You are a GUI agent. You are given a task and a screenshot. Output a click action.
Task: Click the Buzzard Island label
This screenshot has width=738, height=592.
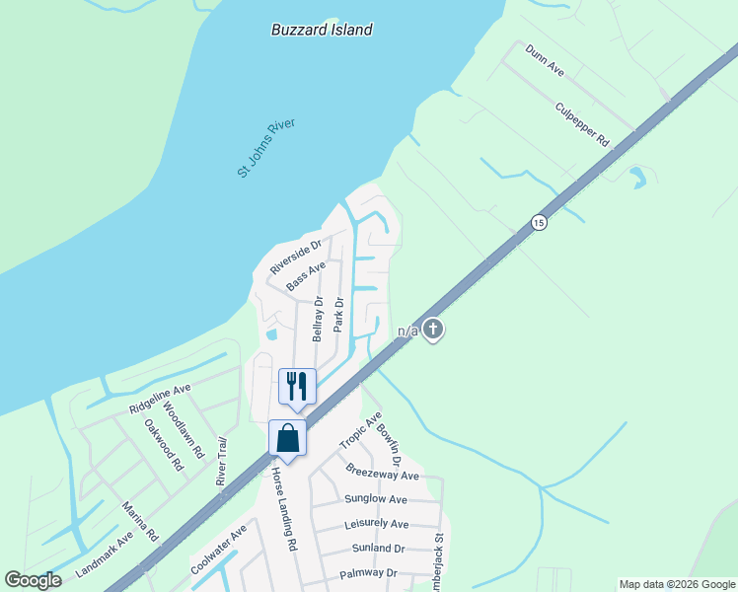pyautogui.click(x=322, y=30)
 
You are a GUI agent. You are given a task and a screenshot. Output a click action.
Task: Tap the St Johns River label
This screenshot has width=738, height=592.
pyautogui.click(x=266, y=148)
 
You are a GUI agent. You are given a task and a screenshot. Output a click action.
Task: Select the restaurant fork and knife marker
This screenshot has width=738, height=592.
pyautogui.click(x=298, y=386)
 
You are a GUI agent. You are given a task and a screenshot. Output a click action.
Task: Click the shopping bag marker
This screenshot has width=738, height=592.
pyautogui.click(x=287, y=438)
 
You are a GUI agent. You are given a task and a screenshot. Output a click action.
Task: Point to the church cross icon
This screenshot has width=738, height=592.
pyautogui.click(x=432, y=329)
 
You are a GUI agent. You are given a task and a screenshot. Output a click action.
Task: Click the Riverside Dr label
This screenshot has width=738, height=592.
pyautogui.click(x=296, y=257)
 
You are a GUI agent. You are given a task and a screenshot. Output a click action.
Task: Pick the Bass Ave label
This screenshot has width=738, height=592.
pyautogui.click(x=306, y=276)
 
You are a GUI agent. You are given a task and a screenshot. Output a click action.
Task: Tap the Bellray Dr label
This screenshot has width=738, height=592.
pyautogui.click(x=318, y=320)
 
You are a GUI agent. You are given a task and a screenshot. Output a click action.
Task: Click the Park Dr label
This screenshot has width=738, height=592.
pyautogui.click(x=337, y=315)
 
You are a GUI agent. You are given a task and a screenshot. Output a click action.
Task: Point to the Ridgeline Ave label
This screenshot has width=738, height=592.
pyautogui.click(x=159, y=400)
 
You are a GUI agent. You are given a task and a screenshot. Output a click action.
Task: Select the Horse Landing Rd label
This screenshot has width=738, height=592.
pyautogui.click(x=284, y=509)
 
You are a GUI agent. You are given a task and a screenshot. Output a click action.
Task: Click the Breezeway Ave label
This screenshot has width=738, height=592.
pyautogui.click(x=383, y=471)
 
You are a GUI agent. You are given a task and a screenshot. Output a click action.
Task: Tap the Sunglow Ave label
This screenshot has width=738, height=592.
pyautogui.click(x=376, y=499)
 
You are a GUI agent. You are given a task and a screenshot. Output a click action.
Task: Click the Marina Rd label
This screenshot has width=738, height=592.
pyautogui.click(x=140, y=523)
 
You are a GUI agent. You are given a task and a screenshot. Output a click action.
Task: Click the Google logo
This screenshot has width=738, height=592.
pyautogui.click(x=34, y=580)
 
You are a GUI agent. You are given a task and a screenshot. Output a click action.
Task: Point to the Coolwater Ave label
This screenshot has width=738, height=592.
pyautogui.click(x=218, y=550)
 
